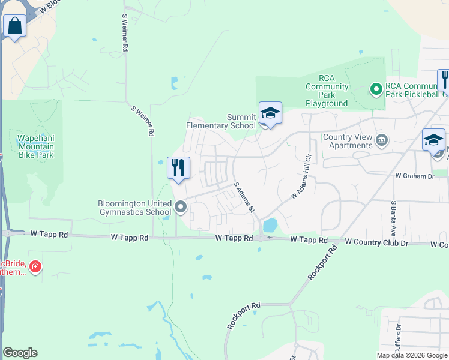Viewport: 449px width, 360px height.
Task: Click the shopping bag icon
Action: pyautogui.click(x=14, y=26)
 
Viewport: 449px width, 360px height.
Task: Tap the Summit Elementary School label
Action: pyautogui.click(x=221, y=121)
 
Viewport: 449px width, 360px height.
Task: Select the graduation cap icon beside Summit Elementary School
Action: pyautogui.click(x=270, y=113)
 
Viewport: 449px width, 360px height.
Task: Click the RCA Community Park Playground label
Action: pyautogui.click(x=326, y=91)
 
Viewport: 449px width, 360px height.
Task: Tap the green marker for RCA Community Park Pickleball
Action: pyautogui.click(x=376, y=90)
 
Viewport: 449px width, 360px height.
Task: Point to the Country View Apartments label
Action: pyautogui.click(x=348, y=141)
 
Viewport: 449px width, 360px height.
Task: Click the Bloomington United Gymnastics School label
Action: pyautogui.click(x=134, y=208)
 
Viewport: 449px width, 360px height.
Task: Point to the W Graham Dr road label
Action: pyautogui.click(x=414, y=176)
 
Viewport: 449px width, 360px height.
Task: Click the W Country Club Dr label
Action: pyautogui.click(x=376, y=242)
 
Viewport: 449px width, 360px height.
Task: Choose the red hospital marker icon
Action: pyautogui.click(x=35, y=266)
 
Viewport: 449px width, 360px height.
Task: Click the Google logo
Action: pyautogui.click(x=20, y=353)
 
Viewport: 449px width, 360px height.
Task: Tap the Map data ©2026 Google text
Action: pyautogui.click(x=412, y=355)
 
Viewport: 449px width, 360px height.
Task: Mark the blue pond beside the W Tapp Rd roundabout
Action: pyautogui.click(x=270, y=225)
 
